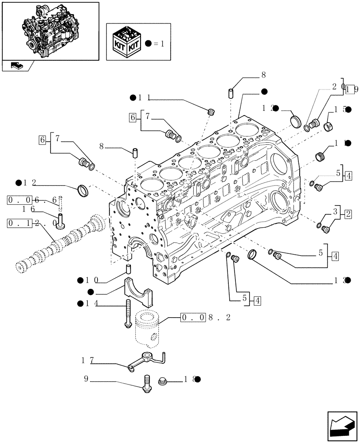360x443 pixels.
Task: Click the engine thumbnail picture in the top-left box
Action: pos(50,30)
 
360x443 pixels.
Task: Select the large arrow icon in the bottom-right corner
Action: pos(342,427)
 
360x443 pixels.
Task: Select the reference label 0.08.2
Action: pos(200,317)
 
